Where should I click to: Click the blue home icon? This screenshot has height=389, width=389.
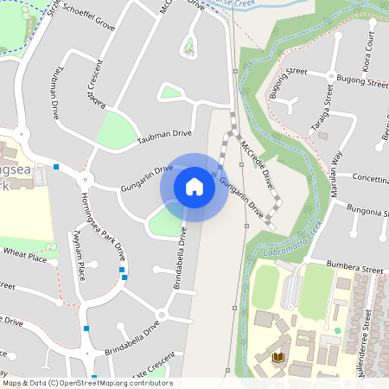[x=194, y=187]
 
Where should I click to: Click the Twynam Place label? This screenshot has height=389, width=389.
[x=80, y=257]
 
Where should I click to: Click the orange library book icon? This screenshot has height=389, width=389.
[x=278, y=356]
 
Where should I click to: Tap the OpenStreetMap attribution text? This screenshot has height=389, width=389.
[x=87, y=382]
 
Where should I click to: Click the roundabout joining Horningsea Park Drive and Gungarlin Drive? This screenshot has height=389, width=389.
[x=85, y=180]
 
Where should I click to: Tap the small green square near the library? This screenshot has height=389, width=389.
[x=337, y=331]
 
